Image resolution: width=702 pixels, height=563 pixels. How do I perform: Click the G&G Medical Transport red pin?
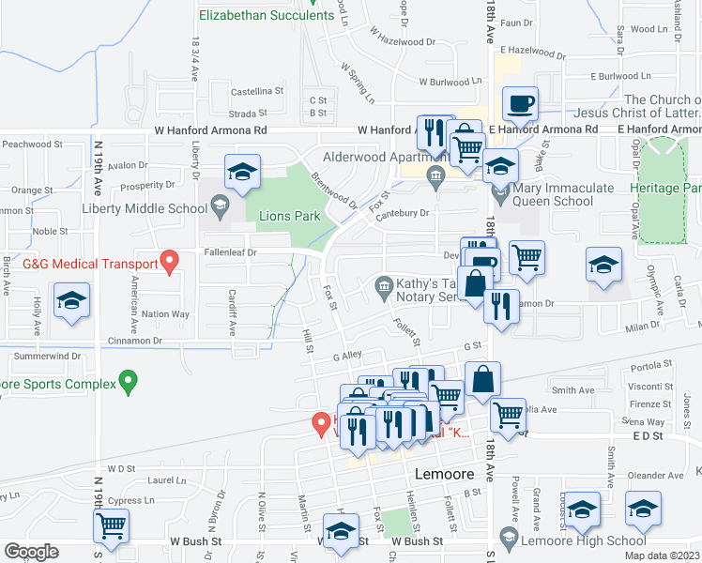(x=170, y=260)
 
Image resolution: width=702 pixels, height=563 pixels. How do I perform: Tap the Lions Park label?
(x=289, y=216)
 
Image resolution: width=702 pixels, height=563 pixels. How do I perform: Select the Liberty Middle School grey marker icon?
(x=219, y=204)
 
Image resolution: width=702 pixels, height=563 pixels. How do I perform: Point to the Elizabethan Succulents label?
(x=267, y=15)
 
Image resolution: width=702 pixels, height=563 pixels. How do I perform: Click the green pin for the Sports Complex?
(x=130, y=382)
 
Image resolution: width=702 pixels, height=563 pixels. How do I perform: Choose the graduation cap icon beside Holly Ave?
(x=71, y=303)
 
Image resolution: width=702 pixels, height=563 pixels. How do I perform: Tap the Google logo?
(x=31, y=552)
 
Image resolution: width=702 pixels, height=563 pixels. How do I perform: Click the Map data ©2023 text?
(x=663, y=555)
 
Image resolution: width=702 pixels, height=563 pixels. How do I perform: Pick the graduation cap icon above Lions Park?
(x=242, y=173)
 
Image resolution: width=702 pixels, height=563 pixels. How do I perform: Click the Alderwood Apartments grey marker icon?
(x=435, y=175)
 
